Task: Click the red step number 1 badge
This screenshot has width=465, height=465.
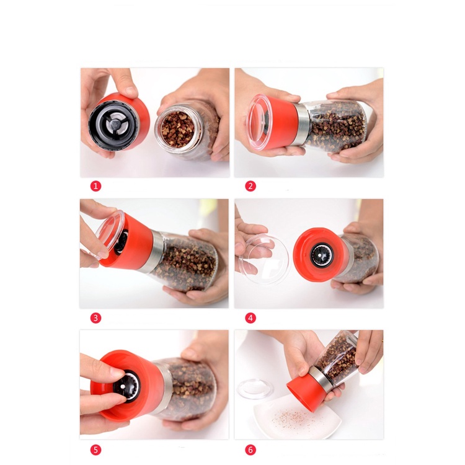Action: (95, 186)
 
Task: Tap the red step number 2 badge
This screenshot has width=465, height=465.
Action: (250, 186)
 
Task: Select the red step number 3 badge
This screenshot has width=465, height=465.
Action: (95, 317)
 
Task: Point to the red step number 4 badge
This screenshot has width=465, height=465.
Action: (250, 317)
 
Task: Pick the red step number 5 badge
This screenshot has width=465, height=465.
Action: (95, 449)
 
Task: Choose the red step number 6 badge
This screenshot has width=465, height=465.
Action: (250, 449)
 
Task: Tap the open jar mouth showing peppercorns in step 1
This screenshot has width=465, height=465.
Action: (177, 128)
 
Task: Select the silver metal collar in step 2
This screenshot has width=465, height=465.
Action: (301, 124)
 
